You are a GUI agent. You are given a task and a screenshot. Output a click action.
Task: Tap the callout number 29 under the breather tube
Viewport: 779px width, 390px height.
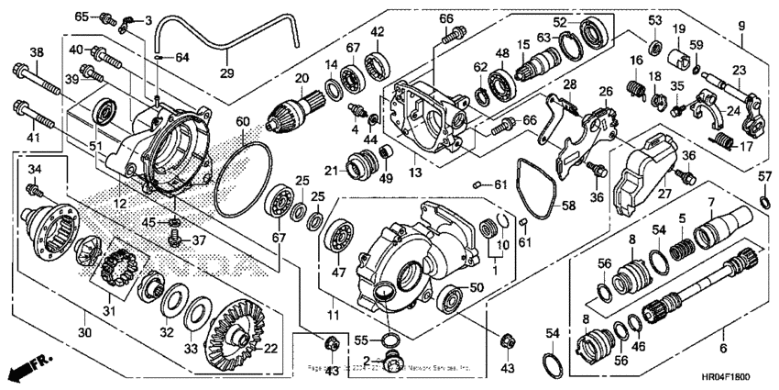[226, 72]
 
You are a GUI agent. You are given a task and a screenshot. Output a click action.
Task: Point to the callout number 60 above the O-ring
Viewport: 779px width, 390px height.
[242, 122]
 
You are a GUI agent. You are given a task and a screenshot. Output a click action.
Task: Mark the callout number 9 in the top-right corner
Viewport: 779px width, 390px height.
[741, 25]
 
